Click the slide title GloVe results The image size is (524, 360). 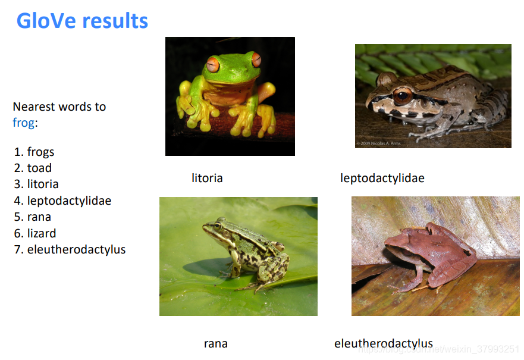pyautogui.click(x=82, y=21)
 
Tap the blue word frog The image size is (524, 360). pyautogui.click(x=23, y=123)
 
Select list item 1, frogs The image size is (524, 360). pyautogui.click(x=34, y=152)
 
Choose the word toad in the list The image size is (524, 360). pyautogui.click(x=33, y=168)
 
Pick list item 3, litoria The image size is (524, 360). pyautogui.click(x=36, y=184)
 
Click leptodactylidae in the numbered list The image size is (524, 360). pyautogui.click(x=62, y=201)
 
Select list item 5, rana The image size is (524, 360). pyautogui.click(x=33, y=217)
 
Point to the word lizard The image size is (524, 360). pyautogui.click(x=35, y=233)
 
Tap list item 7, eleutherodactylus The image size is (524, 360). pyautogui.click(x=70, y=250)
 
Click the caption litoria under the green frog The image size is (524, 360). pyautogui.click(x=207, y=178)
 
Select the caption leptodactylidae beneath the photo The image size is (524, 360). pyautogui.click(x=382, y=178)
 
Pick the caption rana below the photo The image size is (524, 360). pyautogui.click(x=216, y=343)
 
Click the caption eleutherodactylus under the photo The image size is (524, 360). pyautogui.click(x=384, y=343)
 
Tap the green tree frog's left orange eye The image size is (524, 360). pyautogui.click(x=213, y=64)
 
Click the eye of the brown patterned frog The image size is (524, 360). pyautogui.click(x=402, y=96)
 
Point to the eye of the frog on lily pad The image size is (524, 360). pyautogui.click(x=218, y=226)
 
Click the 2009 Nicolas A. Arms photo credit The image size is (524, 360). pyautogui.click(x=378, y=143)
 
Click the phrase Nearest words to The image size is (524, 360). pyautogui.click(x=59, y=107)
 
